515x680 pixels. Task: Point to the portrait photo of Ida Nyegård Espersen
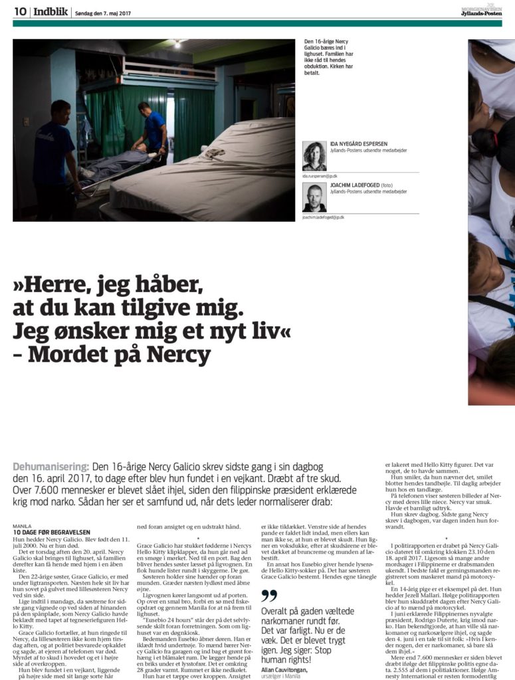click(314, 156)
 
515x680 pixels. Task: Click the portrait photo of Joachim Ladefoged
click(314, 197)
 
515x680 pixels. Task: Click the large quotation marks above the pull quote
click(268, 595)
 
